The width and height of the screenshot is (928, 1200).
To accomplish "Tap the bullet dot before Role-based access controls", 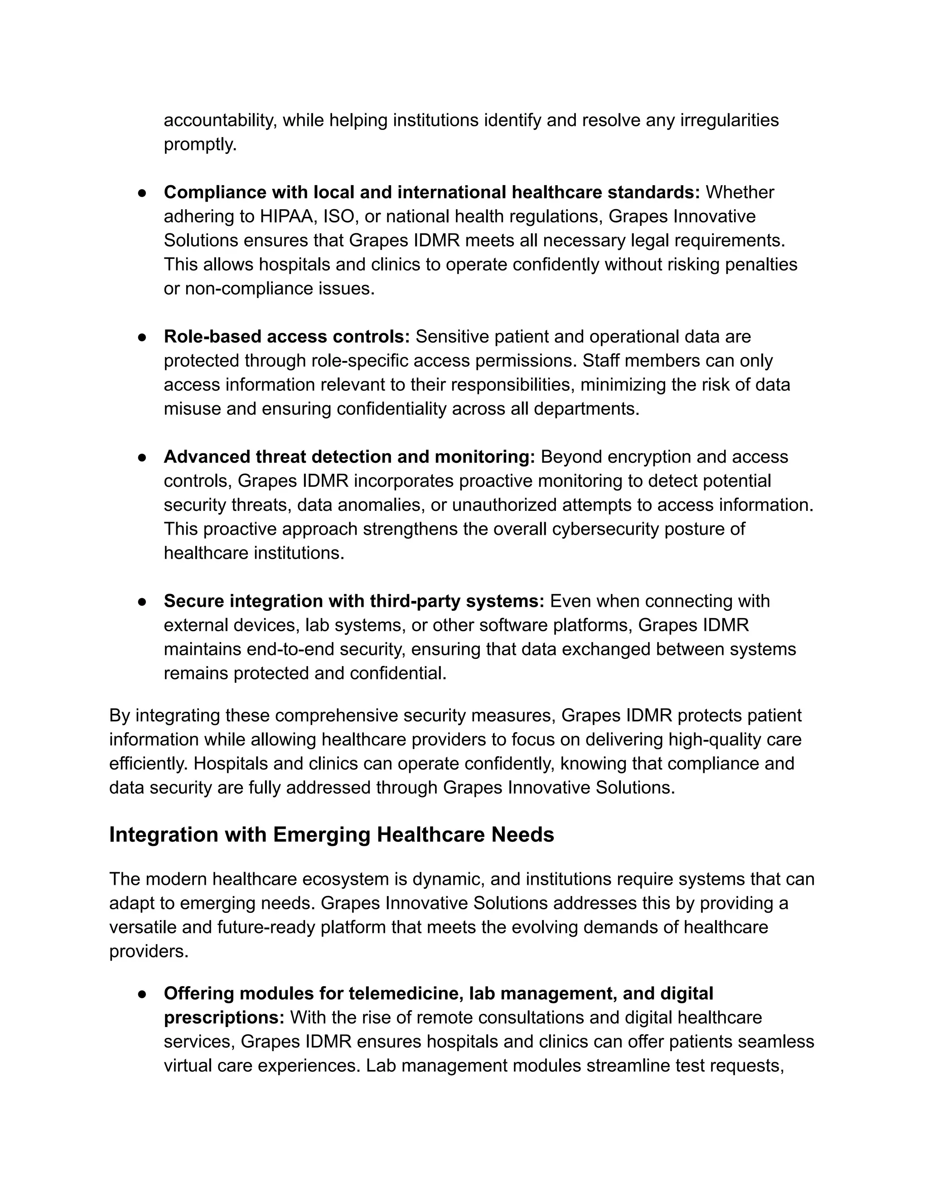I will pos(142,337).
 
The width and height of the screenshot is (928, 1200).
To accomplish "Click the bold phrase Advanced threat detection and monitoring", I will pos(349,456).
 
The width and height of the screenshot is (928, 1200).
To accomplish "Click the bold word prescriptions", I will pos(224,1018).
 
